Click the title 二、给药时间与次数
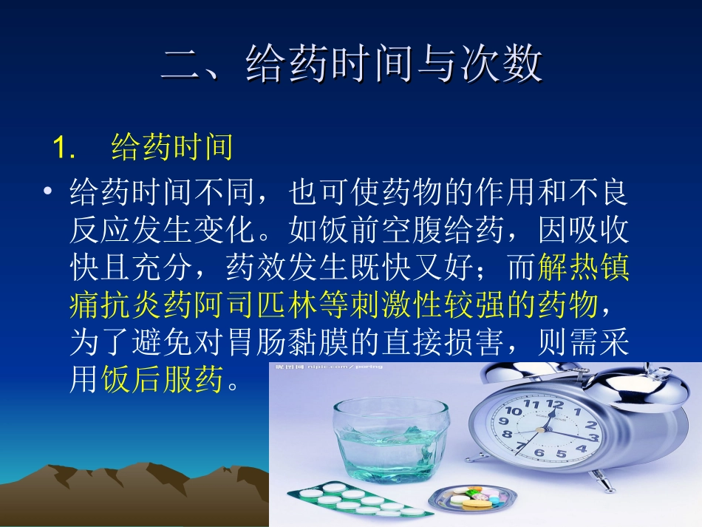tap(352, 65)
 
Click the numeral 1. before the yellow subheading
tap(65, 148)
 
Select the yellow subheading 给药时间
tap(172, 147)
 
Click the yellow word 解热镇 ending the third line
tap(584, 268)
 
